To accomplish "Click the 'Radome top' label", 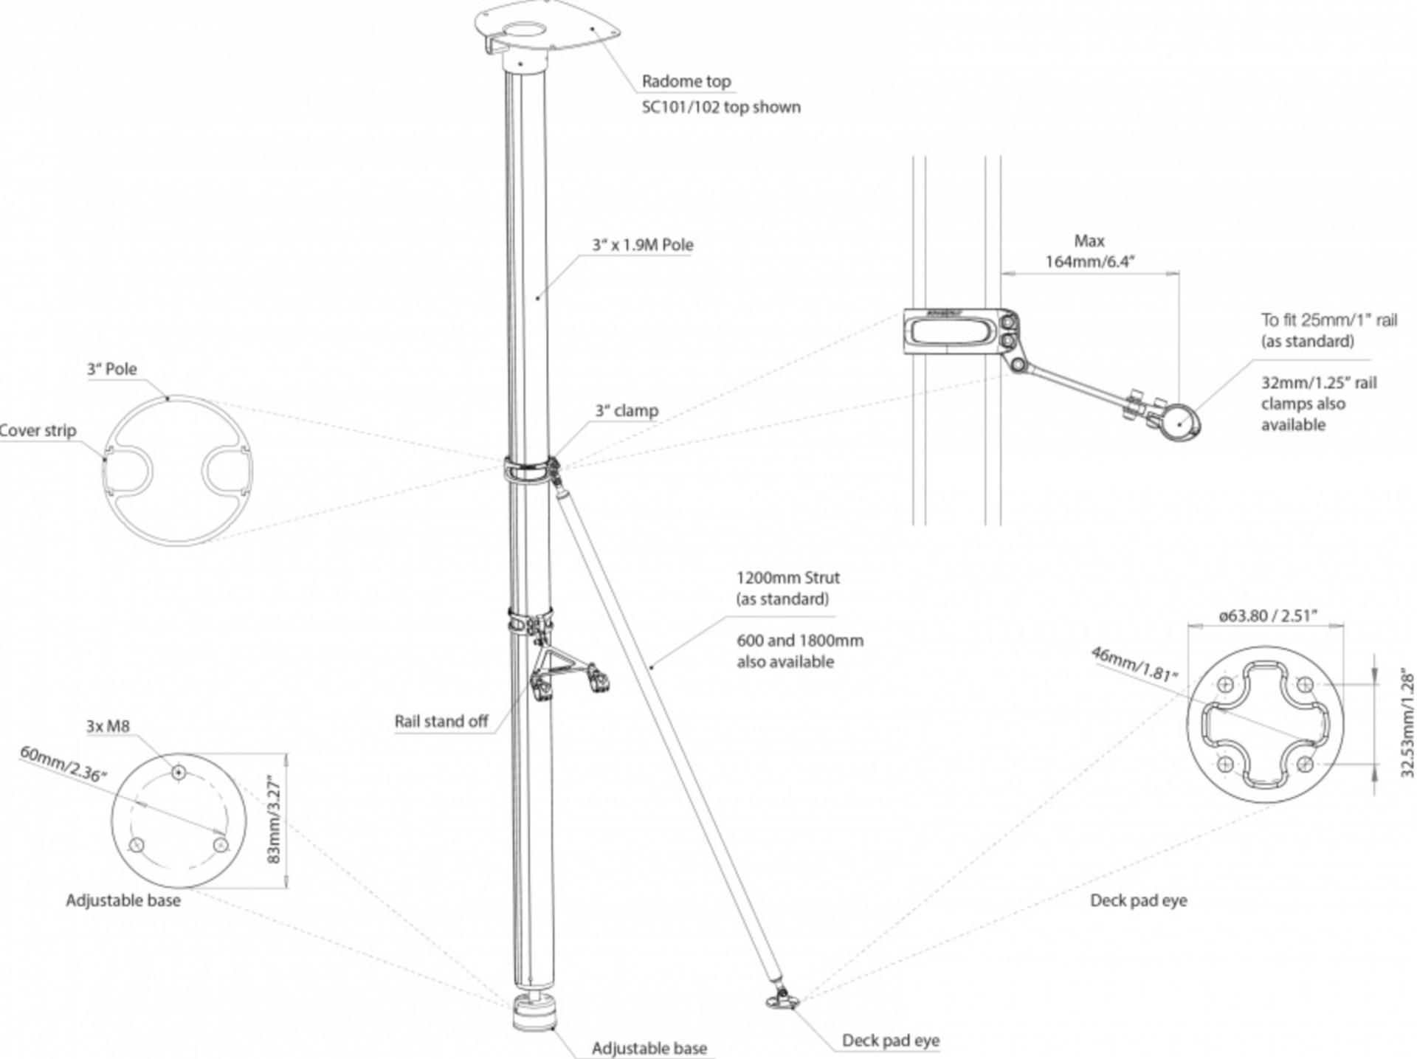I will click(686, 81).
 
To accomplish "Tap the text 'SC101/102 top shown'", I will click(720, 107).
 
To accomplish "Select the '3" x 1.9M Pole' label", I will click(642, 245).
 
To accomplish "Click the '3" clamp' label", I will click(627, 410).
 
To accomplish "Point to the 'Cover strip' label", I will click(38, 430).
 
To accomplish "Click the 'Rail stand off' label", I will click(441, 721).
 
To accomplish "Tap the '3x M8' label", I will click(108, 726).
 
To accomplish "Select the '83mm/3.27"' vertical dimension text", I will click(274, 819).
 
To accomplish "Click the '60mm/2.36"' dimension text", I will click(63, 763).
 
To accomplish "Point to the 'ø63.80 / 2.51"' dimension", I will click(1267, 615).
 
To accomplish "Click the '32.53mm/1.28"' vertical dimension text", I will click(1407, 722).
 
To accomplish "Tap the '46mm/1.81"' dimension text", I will click(1134, 663).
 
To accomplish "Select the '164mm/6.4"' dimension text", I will click(1089, 261).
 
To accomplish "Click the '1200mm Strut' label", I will click(787, 578).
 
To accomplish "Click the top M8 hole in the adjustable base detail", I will click(179, 773).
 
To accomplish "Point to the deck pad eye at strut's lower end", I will click(782, 1000).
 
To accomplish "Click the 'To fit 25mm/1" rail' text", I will click(1328, 320).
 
